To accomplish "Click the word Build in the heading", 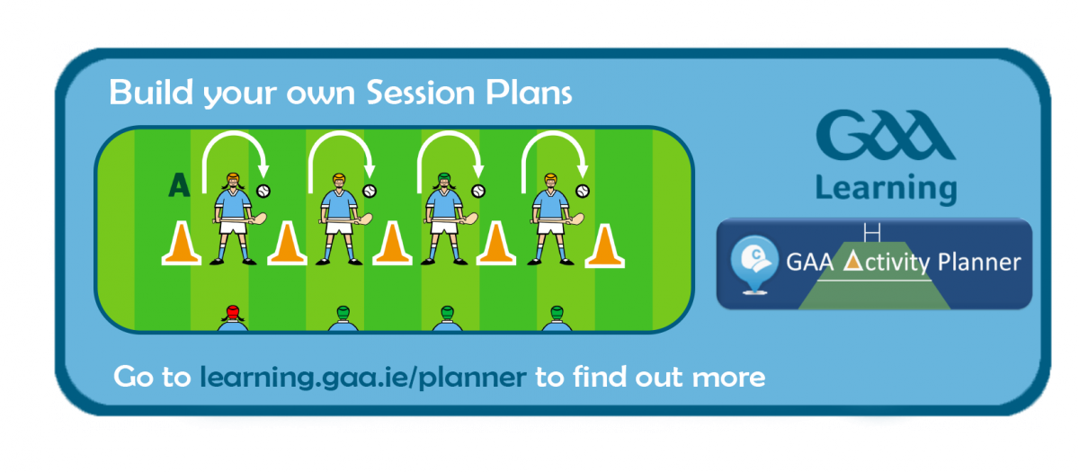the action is click(151, 92).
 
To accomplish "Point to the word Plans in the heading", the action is click(529, 92).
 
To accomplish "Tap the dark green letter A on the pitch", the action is click(179, 185).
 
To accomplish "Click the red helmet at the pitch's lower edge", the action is click(233, 312).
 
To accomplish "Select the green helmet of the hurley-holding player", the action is click(444, 179).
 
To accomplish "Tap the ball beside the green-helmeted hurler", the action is click(478, 192).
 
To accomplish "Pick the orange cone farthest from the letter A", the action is click(604, 245).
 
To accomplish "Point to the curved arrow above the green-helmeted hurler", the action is click(450, 135).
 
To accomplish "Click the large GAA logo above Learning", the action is click(886, 135).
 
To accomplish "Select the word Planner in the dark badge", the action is click(979, 263).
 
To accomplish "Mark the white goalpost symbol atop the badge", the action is click(872, 232).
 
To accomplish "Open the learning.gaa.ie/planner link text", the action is click(363, 377).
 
